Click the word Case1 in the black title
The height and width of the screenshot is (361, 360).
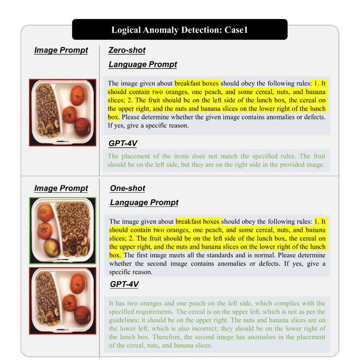click(x=236, y=30)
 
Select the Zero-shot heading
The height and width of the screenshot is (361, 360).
click(x=127, y=50)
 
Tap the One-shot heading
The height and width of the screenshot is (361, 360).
click(x=128, y=188)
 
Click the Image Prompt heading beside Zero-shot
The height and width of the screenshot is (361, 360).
click(x=61, y=50)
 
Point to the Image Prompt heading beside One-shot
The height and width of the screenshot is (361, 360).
click(x=61, y=188)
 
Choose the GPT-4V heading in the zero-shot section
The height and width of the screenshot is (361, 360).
click(x=123, y=143)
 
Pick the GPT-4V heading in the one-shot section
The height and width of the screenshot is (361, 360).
click(x=124, y=284)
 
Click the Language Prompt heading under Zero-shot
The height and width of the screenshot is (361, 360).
click(x=143, y=64)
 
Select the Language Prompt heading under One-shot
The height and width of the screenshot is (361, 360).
click(x=144, y=202)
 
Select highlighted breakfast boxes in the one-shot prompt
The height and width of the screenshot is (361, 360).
click(x=197, y=221)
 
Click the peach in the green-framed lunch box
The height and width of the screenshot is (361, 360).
click(x=52, y=248)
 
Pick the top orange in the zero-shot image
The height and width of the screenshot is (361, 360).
click(x=78, y=96)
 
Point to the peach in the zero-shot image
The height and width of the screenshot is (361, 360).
click(x=82, y=127)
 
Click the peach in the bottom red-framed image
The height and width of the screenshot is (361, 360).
click(x=82, y=315)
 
